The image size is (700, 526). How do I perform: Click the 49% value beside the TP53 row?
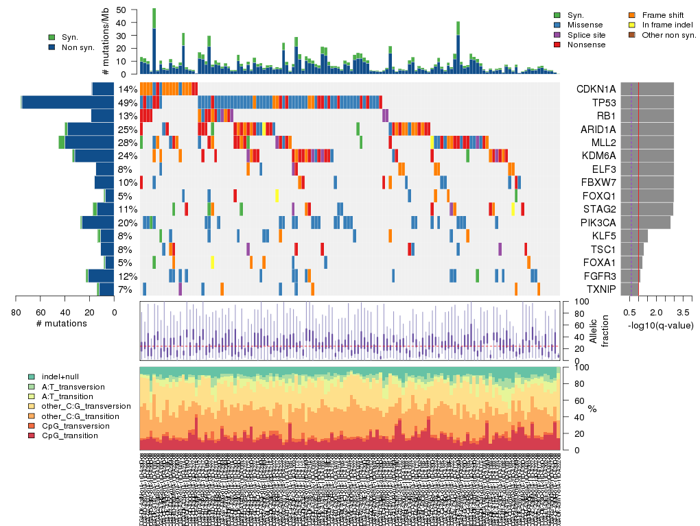click(x=128, y=102)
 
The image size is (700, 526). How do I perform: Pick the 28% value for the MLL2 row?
click(x=128, y=143)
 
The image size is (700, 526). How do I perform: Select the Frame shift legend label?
click(x=664, y=14)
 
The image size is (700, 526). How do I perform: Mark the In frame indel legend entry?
click(x=668, y=24)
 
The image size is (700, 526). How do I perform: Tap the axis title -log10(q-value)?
click(x=660, y=325)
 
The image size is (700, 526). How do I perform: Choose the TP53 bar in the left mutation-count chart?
click(x=68, y=102)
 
